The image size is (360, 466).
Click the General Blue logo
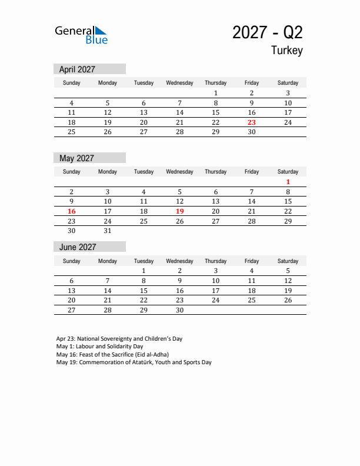click(81, 35)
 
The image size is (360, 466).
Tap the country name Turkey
click(286, 51)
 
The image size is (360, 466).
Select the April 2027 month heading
click(77, 69)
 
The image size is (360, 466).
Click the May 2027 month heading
click(76, 158)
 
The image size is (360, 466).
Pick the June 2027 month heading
click(77, 247)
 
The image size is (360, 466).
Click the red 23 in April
click(252, 122)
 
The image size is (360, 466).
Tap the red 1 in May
click(288, 182)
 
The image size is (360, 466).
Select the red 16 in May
click(72, 211)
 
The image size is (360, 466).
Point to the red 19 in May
click(179, 211)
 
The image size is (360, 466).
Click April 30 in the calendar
click(252, 132)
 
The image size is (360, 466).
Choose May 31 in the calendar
click(108, 231)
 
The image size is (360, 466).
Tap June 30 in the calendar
click(179, 310)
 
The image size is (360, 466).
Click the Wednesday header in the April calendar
click(179, 83)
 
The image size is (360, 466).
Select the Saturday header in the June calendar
click(288, 261)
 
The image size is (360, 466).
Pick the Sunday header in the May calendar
click(72, 172)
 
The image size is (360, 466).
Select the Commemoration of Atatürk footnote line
click(134, 362)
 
